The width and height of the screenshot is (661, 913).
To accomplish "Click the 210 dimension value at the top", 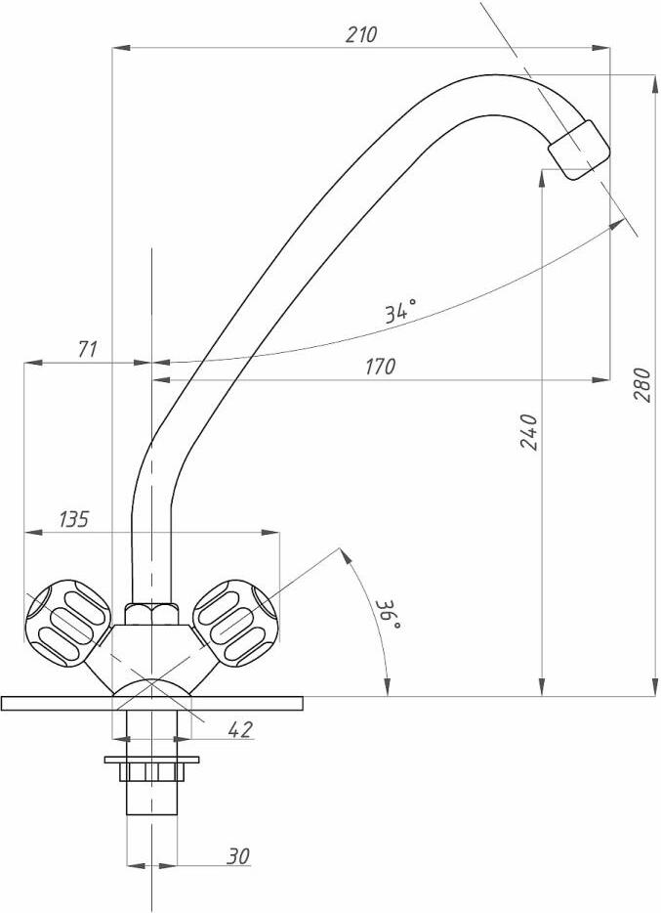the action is click(361, 35).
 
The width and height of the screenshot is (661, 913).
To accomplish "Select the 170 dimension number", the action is click(380, 367).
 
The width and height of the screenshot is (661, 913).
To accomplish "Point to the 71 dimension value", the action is click(87, 349).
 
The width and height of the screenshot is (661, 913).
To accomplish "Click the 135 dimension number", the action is click(74, 519).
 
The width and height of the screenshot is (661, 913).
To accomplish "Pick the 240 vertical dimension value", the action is click(528, 432).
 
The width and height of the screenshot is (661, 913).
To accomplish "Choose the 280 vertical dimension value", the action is click(642, 384).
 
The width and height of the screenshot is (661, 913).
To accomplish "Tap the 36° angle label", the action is click(389, 615).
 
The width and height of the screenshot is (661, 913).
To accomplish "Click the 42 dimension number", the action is click(240, 729).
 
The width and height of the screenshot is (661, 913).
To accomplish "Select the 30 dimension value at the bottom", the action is click(238, 856).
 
